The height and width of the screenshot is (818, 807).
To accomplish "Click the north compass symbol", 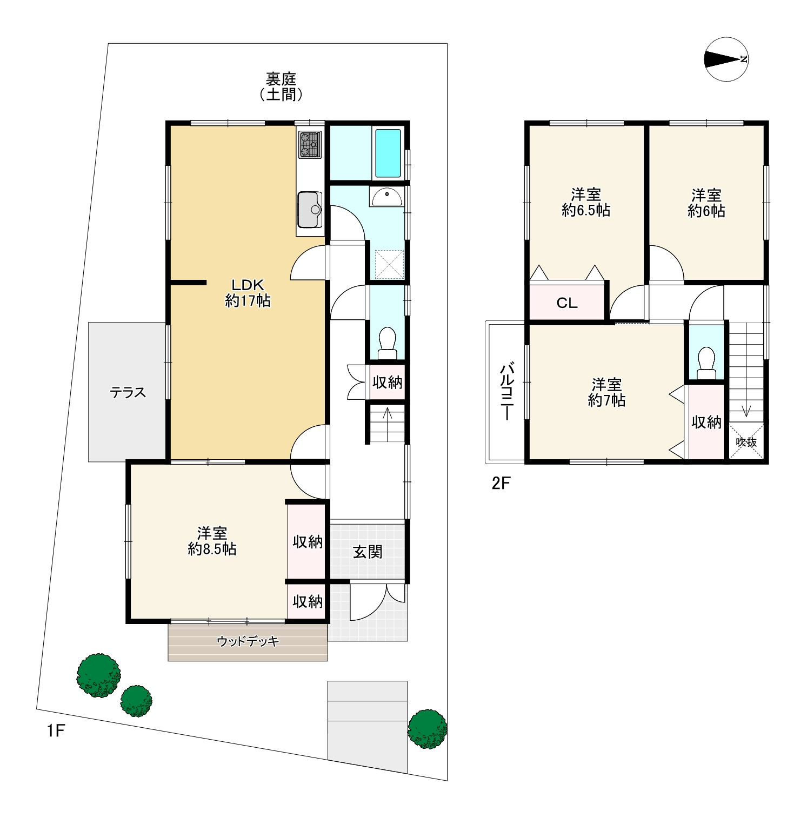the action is coord(727,59).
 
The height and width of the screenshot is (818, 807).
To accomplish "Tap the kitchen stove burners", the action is coord(310,144).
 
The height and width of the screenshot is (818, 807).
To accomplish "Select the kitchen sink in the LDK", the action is coord(310,210).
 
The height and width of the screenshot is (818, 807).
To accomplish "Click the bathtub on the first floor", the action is coord(388,153).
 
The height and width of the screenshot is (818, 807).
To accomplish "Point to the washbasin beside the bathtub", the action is coord(386,197).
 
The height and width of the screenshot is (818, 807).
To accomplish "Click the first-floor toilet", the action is coord(387,343).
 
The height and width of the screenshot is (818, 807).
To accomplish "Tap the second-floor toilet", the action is coord(706,363).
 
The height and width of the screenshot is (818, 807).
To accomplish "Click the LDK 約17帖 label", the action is coord(248,293).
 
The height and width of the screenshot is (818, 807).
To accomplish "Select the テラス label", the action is coord(128,392).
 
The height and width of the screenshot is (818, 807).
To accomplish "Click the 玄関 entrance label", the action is coord(368,552).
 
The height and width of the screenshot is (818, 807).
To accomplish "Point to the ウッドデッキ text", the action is coord(248,641).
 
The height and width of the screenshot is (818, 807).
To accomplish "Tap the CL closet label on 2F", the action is coord(567,303).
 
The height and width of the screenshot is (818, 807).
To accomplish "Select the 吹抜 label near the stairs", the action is coord(746,442).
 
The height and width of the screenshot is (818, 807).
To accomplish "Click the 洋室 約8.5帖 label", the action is coord(212,541).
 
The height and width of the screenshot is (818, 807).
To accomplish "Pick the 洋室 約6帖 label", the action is coord(706,203).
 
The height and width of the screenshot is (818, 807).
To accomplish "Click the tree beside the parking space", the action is coord(428,729).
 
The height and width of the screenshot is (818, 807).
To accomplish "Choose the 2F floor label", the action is coord(501,482).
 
